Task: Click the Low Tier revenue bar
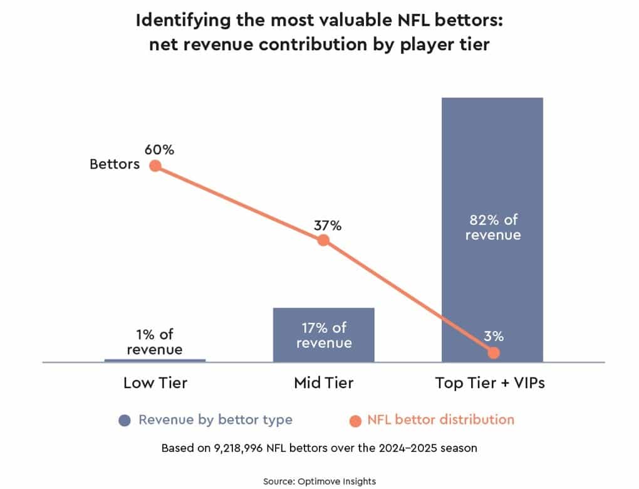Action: (x=155, y=360)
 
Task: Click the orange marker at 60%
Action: (x=155, y=166)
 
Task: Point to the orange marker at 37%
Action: (x=323, y=240)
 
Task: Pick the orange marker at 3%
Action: (x=494, y=352)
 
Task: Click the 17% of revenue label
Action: (x=324, y=335)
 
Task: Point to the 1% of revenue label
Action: (x=155, y=341)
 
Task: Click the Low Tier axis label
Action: (x=155, y=383)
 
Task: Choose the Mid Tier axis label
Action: (x=323, y=383)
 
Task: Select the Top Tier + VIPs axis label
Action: (x=490, y=383)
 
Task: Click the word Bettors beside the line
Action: (x=115, y=166)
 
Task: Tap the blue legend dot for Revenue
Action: (x=125, y=420)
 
